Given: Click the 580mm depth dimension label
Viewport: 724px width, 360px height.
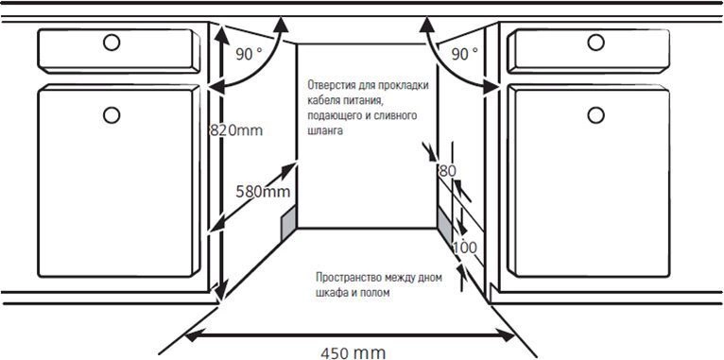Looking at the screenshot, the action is (263, 192).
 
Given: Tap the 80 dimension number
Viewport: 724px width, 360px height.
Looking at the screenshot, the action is (447, 171).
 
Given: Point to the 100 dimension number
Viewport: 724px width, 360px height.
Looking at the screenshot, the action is (465, 248).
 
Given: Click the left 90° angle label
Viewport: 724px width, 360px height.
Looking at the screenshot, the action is (249, 55).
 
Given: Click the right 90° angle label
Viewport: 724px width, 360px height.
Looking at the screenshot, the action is (464, 55).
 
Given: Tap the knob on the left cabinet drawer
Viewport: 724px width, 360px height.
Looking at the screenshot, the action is (112, 43).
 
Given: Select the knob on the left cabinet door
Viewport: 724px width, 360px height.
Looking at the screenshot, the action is (112, 114).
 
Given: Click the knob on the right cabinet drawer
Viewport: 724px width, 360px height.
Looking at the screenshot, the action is (595, 43).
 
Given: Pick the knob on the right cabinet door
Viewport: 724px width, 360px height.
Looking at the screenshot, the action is (595, 114).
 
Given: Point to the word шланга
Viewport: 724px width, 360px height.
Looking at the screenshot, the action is (326, 133).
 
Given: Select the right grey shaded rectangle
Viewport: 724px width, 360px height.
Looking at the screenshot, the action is (443, 225).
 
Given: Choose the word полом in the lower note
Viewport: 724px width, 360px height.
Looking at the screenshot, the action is (376, 294).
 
